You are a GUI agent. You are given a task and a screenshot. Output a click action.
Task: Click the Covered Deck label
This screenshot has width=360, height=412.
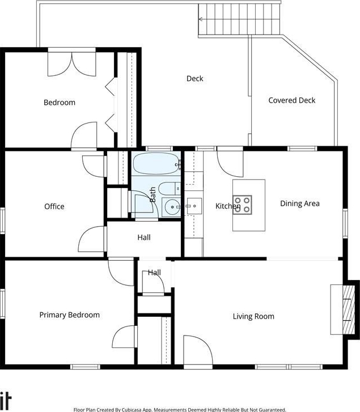(x=291, y=100)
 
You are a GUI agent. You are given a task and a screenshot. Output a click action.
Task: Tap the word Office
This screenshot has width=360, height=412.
(x=54, y=206)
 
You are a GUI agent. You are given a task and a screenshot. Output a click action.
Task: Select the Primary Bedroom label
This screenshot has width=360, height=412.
(x=69, y=315)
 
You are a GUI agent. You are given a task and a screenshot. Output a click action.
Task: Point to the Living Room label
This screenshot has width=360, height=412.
(x=253, y=316)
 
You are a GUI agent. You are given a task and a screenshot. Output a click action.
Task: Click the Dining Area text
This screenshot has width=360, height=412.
(x=300, y=203)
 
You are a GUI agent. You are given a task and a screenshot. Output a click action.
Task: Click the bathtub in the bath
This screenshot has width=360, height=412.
(x=156, y=164)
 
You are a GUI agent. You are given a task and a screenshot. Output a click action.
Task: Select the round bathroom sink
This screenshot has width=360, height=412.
(x=171, y=207)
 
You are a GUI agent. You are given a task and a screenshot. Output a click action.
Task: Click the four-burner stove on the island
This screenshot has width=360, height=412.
(x=242, y=205)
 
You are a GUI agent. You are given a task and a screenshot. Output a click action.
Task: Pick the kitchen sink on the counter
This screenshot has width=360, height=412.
(x=194, y=206)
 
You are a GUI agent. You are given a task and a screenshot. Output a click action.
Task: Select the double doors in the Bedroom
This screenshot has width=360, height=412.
(x=72, y=65)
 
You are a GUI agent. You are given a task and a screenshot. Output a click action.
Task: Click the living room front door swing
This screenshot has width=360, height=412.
(x=198, y=350)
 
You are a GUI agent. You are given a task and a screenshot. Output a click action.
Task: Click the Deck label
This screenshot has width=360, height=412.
(x=194, y=78)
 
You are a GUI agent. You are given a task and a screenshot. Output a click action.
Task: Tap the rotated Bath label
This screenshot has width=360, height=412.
(x=153, y=194)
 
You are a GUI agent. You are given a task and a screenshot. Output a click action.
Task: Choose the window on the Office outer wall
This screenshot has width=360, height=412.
(x=2, y=220)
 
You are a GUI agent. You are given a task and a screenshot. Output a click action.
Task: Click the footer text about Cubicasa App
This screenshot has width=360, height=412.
(x=180, y=409)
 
